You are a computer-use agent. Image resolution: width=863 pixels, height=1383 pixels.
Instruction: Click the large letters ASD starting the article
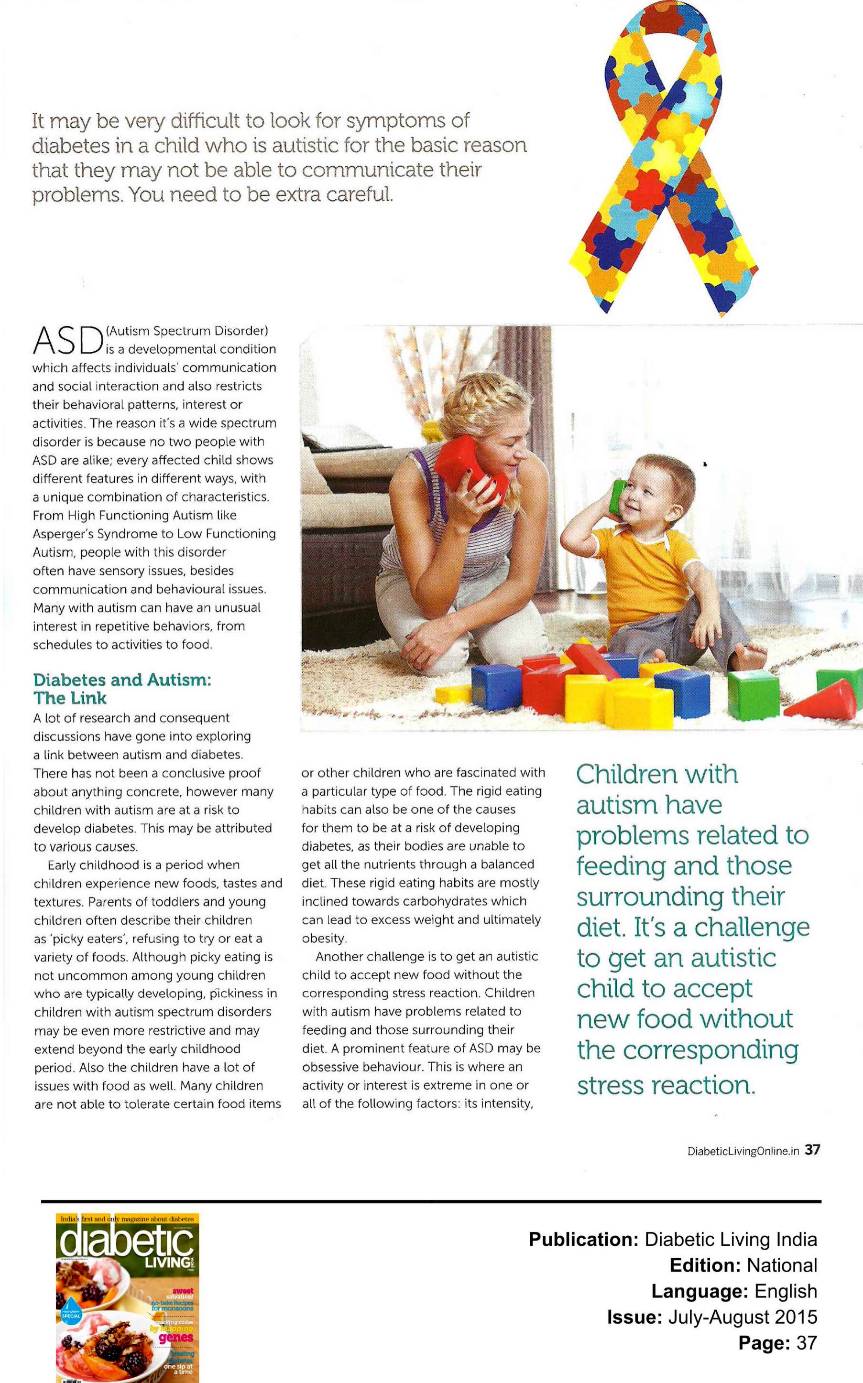(67, 341)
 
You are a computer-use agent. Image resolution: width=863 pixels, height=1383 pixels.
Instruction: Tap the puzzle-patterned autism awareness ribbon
(663, 154)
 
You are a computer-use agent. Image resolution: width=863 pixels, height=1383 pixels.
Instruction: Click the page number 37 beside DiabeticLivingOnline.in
(812, 1150)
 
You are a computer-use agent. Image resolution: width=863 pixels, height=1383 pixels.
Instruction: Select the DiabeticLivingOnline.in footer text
(743, 1151)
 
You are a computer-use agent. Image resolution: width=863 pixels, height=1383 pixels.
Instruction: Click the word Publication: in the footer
(582, 1239)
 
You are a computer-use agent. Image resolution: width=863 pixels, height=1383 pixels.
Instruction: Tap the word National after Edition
(781, 1265)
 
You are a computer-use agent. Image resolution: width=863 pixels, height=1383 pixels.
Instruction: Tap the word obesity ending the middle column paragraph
(323, 938)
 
